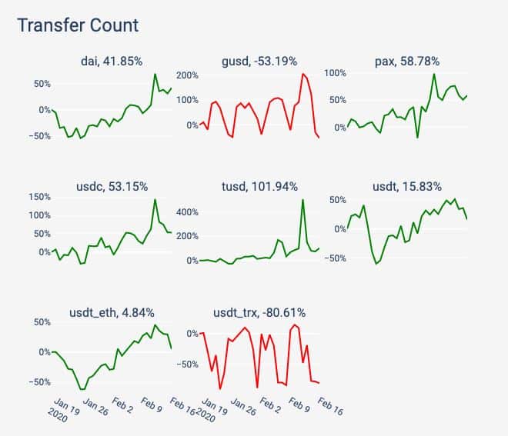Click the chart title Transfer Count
(78, 25)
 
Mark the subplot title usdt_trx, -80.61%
(259, 312)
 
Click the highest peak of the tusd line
(303, 200)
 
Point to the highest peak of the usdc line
(155, 200)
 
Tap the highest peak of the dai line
(155, 75)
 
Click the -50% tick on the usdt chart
(333, 258)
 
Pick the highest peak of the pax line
(434, 74)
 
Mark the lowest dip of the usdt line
(377, 264)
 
